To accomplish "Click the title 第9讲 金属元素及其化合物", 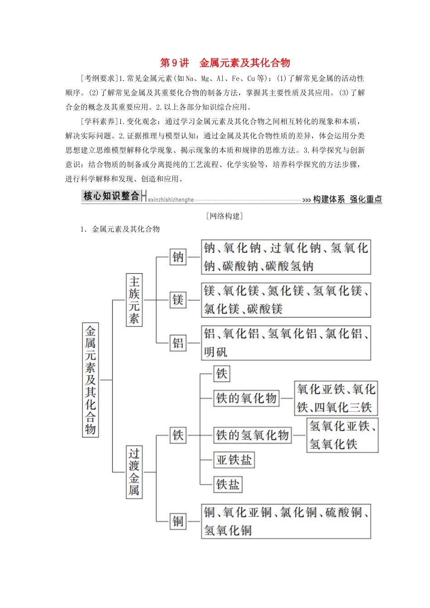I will pos(225,63).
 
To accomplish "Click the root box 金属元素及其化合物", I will pos(91,380).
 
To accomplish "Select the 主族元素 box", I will pos(134,299).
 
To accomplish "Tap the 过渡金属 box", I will pos(134,472).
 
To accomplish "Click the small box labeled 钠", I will pos(178,257).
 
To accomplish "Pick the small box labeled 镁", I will pos(178,299).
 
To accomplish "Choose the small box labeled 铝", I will pos(178,343).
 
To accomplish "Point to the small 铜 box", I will pos(178,521).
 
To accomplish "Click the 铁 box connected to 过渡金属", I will pos(178,435).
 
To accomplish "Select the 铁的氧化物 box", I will pos(246,398).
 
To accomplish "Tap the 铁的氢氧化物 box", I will pos(252,435).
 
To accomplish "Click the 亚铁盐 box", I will pos(234,460).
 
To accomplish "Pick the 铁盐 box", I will pos(228,484).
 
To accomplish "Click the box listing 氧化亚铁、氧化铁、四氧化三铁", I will pos(336,398).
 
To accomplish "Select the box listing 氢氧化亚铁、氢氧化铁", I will pos(342,435).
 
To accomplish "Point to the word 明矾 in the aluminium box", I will pos(215,352).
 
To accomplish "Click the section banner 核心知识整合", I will pos(111,196).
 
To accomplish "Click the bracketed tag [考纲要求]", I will pos(99,78).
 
